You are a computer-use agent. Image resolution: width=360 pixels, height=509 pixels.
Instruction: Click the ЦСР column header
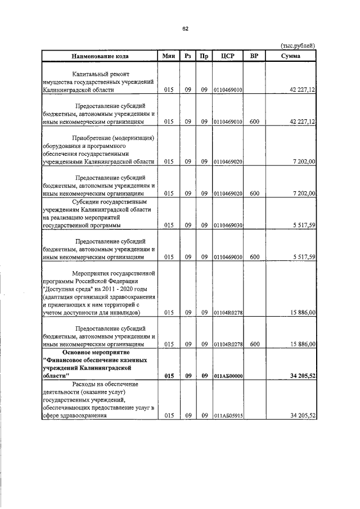[x=228, y=56]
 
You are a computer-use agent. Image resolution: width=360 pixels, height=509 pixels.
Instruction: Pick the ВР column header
[x=254, y=56]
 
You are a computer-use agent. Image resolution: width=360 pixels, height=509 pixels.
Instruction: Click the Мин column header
[x=169, y=56]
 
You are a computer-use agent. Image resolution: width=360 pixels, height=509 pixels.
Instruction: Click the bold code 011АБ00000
[x=228, y=376]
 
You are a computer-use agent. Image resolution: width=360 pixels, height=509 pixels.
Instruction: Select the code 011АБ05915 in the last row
[x=228, y=416]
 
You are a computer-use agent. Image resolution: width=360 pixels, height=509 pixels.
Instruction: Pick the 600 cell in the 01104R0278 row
[x=254, y=344]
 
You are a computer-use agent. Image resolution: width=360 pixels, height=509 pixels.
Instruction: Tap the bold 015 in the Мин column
[x=169, y=376]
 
